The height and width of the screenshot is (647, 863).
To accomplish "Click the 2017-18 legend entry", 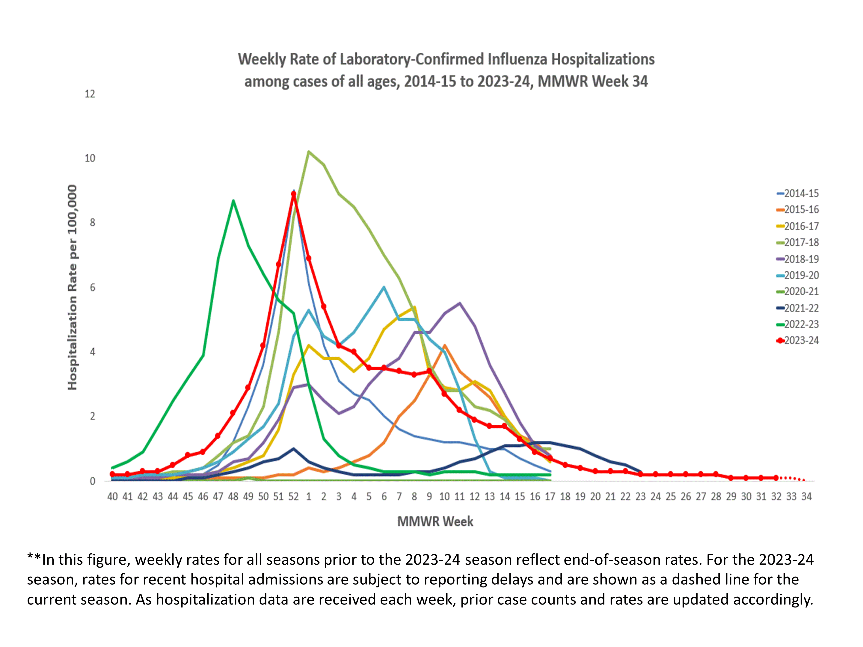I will pos(801,243).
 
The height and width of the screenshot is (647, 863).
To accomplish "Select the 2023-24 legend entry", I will pos(801,341).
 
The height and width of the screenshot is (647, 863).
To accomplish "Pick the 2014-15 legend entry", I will pos(801,194).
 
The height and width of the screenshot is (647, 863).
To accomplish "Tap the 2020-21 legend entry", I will pos(801,291).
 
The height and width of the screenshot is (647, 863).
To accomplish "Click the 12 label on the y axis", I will pos(90,94).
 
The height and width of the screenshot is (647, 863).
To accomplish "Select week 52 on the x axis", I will pos(293,496).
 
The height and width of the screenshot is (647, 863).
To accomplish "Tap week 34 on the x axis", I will pos(806,496).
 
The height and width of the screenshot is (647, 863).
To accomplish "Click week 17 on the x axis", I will pos(550,496).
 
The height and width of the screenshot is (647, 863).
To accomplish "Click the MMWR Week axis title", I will pos(435,521).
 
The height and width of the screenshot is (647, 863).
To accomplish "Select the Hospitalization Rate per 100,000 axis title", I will pos(72,288).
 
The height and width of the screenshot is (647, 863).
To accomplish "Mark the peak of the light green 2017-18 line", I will pos(309,151).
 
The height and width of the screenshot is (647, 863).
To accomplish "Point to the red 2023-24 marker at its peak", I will pos(294,194).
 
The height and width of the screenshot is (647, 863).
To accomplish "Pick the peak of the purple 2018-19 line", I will pos(460,303).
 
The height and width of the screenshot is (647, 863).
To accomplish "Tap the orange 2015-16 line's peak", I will pos(444,345).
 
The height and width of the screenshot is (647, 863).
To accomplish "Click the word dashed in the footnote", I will pos(696,580).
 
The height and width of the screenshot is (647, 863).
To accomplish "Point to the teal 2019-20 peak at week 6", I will pos(384,288).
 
